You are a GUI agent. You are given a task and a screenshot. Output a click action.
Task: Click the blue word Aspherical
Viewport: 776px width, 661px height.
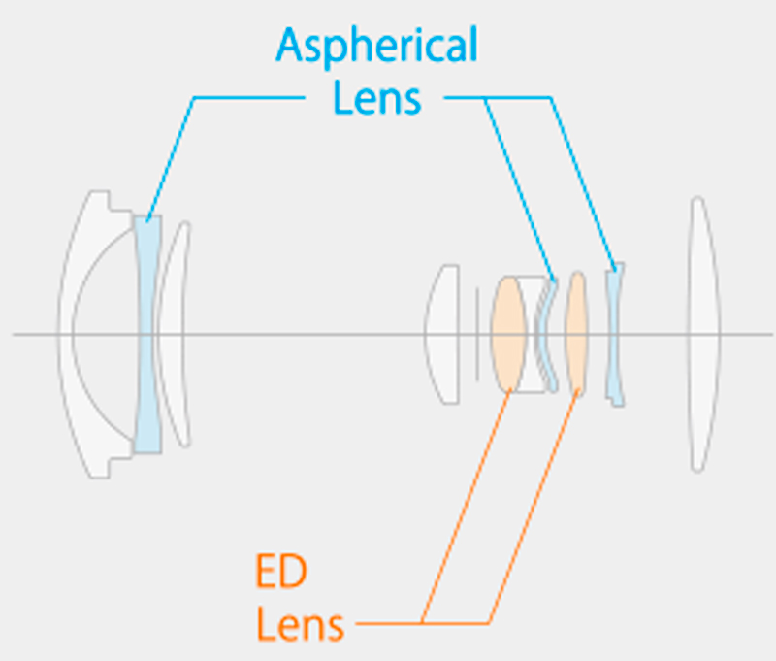tap(377, 46)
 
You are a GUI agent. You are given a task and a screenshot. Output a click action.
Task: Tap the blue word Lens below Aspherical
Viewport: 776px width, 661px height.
tap(377, 97)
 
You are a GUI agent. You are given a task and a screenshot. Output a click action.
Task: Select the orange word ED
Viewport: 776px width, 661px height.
tap(281, 571)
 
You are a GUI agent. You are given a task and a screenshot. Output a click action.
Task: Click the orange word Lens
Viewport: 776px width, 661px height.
tap(300, 624)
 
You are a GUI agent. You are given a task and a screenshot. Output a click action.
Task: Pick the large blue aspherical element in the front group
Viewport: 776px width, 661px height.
tap(148, 334)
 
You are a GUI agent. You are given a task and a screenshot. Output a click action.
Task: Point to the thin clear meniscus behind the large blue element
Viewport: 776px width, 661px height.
tap(173, 334)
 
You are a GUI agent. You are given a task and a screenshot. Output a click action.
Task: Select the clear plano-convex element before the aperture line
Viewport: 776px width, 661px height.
tap(441, 334)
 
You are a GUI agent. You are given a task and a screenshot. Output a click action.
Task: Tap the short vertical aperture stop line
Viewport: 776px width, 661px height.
tap(477, 335)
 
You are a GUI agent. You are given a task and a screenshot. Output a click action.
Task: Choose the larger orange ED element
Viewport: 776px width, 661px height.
tap(508, 334)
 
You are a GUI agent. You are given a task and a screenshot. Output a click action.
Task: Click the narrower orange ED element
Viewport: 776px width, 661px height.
tap(576, 333)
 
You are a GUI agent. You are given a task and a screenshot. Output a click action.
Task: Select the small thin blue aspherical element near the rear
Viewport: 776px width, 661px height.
tap(614, 335)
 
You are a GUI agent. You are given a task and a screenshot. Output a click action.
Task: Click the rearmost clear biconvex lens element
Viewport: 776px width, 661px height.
tap(703, 334)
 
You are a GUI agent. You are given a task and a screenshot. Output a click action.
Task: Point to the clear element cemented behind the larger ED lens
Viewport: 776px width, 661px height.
tap(531, 334)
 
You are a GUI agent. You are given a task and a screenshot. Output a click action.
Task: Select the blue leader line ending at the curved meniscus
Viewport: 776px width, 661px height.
tap(519, 188)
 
